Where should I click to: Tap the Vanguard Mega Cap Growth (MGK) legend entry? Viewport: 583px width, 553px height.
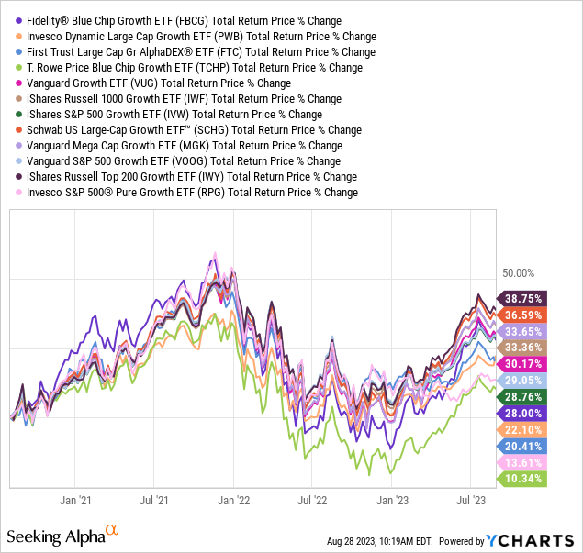[185, 145]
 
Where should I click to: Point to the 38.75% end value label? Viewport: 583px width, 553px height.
[520, 298]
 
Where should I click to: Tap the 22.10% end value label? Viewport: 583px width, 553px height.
[520, 429]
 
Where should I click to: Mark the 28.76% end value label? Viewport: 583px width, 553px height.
[520, 396]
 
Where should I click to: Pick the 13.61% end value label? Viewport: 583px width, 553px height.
[520, 462]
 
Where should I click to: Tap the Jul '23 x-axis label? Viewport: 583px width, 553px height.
[471, 501]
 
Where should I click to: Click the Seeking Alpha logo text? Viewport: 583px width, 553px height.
[55, 535]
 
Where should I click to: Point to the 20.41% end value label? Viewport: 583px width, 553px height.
[520, 446]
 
